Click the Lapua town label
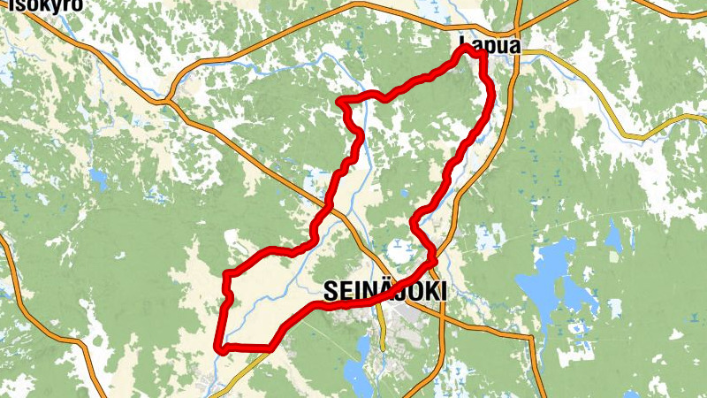coord(488,42)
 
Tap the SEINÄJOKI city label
coord(385,290)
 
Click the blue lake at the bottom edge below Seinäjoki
coord(357,376)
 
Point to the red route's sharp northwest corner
coord(342,102)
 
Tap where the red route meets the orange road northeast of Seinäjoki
coord(435,260)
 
